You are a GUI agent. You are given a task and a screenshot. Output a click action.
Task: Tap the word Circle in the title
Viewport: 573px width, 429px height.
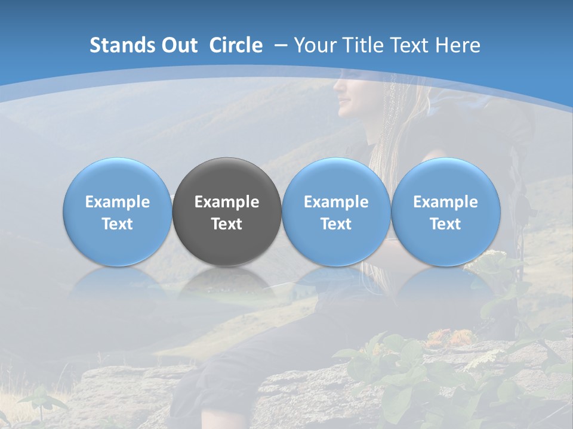click(x=236, y=45)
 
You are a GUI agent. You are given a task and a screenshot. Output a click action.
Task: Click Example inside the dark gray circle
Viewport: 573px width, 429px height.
click(x=227, y=202)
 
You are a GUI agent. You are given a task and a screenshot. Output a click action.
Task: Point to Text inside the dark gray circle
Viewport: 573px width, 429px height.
click(x=227, y=224)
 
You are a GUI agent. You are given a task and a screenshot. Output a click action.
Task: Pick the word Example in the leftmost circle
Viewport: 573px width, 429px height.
click(x=117, y=202)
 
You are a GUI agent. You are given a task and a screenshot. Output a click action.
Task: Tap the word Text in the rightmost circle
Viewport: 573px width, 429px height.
click(x=446, y=224)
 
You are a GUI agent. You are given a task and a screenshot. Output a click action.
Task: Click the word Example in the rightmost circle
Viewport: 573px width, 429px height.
click(x=446, y=202)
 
